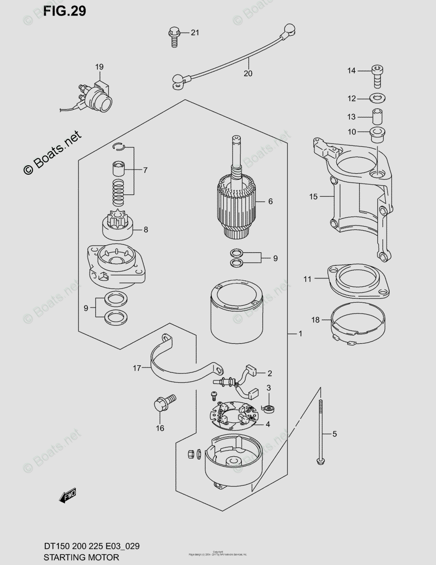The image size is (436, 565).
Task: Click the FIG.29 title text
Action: pos(65,11)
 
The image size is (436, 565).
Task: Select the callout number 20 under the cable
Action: pos(248,73)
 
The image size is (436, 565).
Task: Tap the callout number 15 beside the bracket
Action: pos(314,197)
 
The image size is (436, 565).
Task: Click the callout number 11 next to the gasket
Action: pos(307,279)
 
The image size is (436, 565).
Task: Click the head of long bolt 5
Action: pos(320,458)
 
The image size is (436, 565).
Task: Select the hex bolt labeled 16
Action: pos(163,404)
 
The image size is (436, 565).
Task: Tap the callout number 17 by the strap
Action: pos(136,368)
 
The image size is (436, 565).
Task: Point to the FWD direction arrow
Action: pos(67,496)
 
